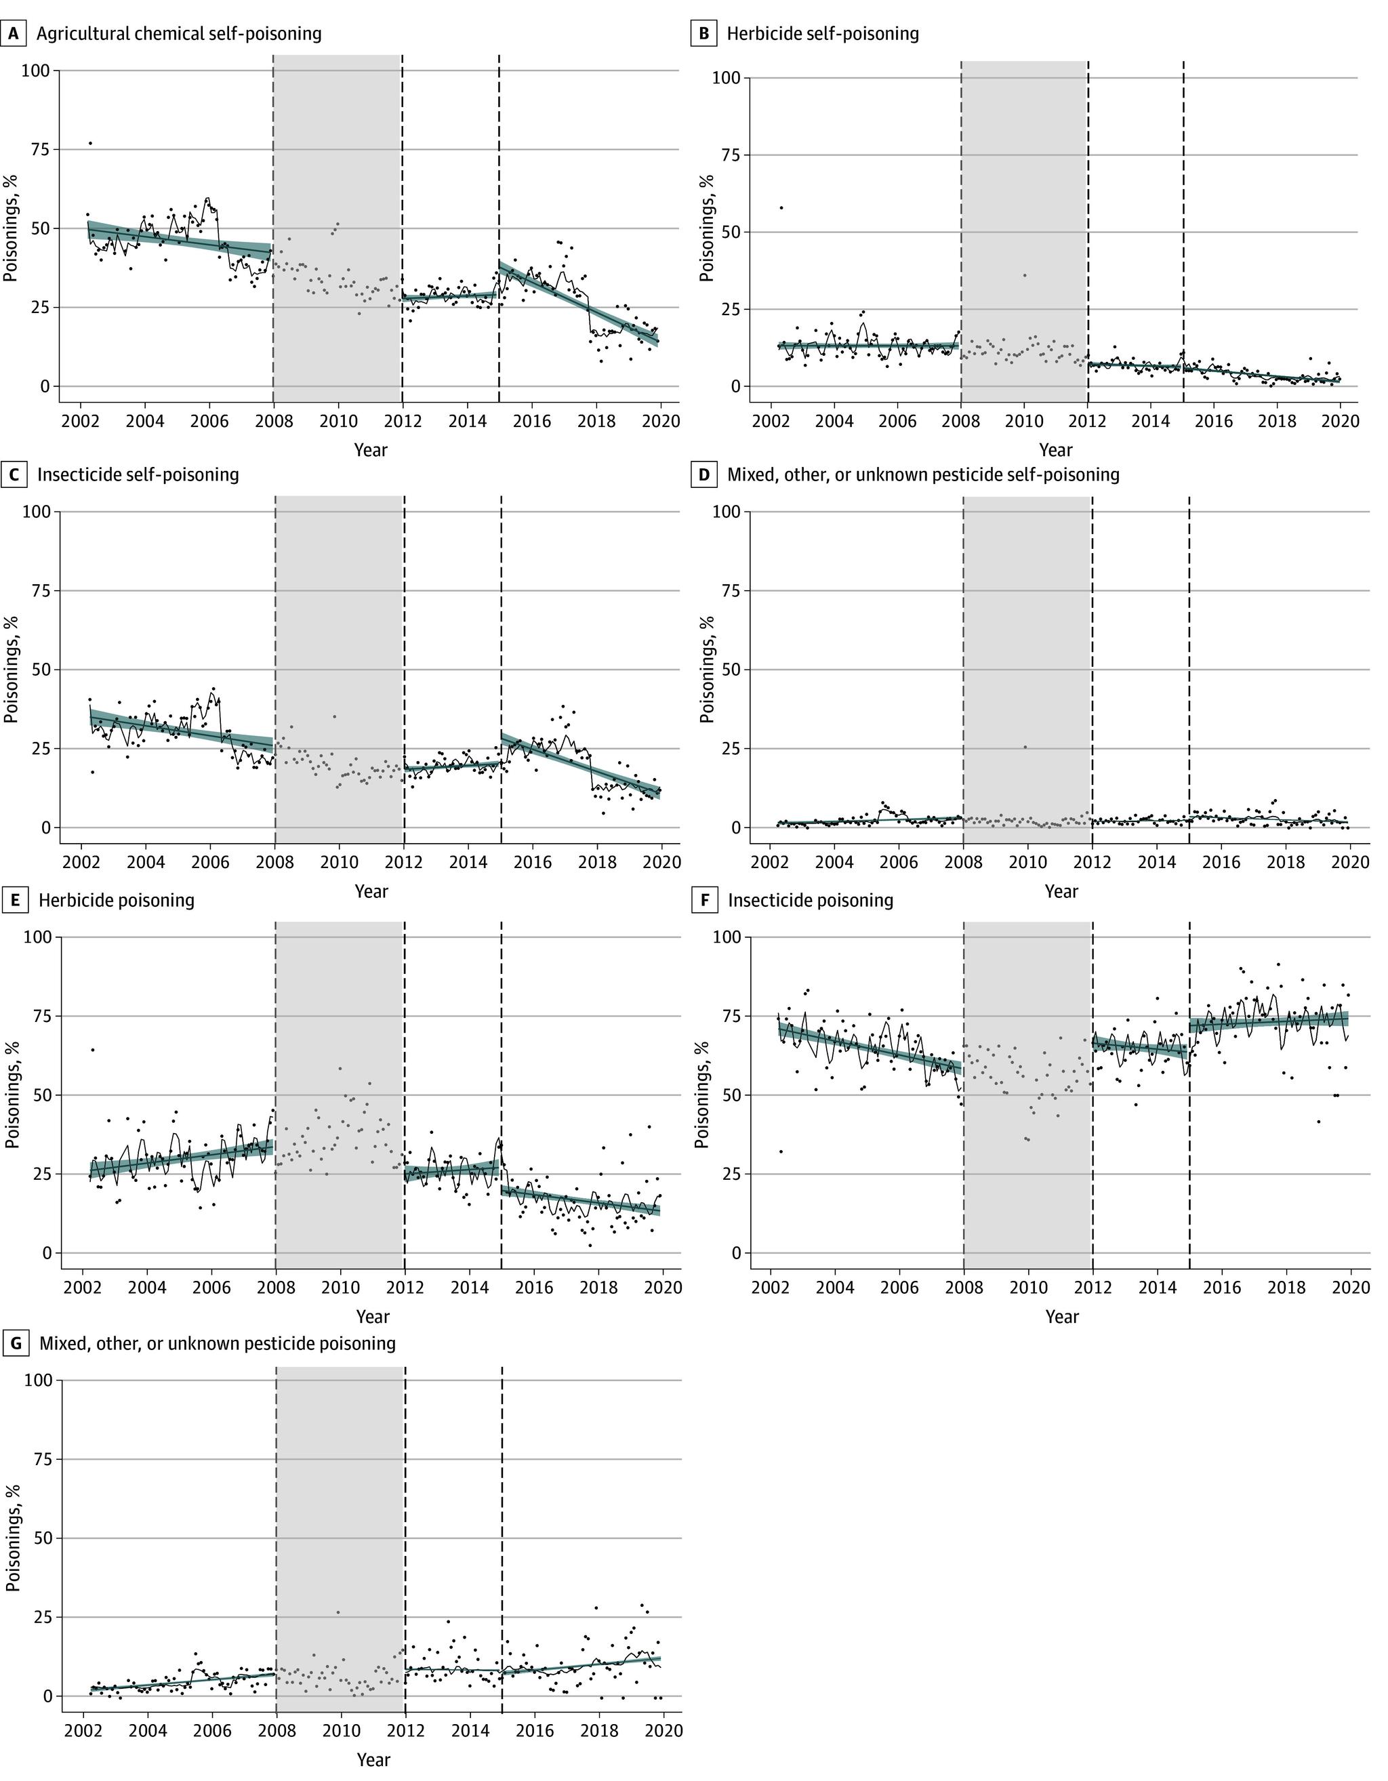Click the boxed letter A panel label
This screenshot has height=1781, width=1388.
click(x=13, y=33)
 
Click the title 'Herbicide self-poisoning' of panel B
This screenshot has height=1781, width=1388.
click(x=822, y=33)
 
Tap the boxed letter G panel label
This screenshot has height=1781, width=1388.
click(x=14, y=1343)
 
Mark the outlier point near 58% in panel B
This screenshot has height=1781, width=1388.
click(x=781, y=208)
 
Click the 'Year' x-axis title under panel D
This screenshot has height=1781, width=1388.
click(x=1061, y=892)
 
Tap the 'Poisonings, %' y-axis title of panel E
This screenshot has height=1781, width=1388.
click(x=12, y=1094)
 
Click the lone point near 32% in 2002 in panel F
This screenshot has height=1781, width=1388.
click(x=781, y=1151)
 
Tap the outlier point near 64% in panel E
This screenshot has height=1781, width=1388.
click(x=93, y=1050)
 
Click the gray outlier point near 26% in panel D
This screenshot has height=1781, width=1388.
click(x=1025, y=747)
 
